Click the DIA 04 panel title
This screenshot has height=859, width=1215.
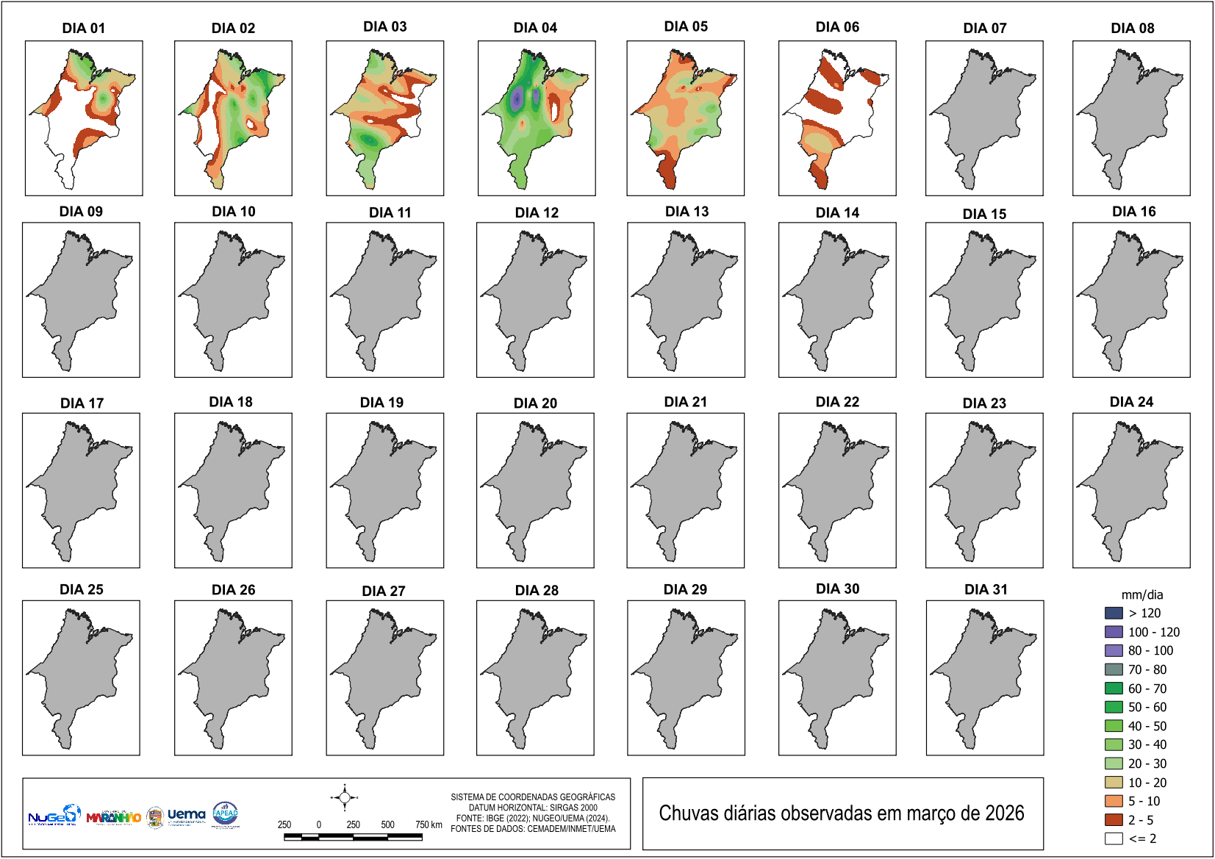click(x=535, y=28)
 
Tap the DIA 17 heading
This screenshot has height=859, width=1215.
click(x=82, y=403)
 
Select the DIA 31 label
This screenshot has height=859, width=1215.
click(x=986, y=589)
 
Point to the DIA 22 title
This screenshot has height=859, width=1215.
click(x=837, y=402)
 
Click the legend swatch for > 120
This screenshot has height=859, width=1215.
click(x=1113, y=613)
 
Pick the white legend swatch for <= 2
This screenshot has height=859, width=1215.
click(x=1113, y=838)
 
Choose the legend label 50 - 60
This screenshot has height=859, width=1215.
click(x=1147, y=707)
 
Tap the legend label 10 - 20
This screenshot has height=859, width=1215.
click(x=1147, y=783)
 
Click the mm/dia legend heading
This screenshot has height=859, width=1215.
click(x=1141, y=595)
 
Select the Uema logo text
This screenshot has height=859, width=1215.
click(x=186, y=814)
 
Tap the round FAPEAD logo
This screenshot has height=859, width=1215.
click(x=225, y=813)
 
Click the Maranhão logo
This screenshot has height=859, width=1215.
click(x=113, y=817)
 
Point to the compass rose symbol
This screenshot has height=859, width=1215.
click(x=344, y=797)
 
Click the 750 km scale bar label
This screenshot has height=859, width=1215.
click(x=429, y=824)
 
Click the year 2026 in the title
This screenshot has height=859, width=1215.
click(x=1004, y=813)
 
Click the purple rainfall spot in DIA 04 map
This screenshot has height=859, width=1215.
click(x=517, y=98)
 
